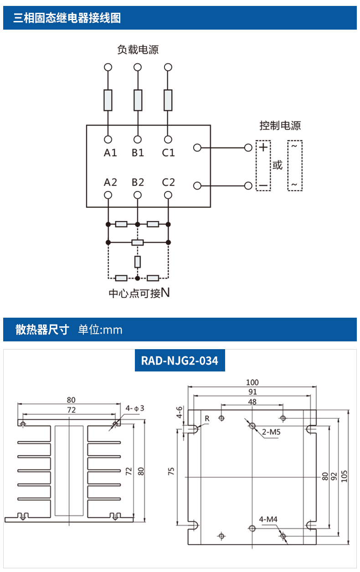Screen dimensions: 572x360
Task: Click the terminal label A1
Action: (110, 153)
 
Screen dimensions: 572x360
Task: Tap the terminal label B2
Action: (138, 182)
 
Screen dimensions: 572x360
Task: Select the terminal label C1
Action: (168, 153)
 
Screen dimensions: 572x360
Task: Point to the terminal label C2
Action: (168, 182)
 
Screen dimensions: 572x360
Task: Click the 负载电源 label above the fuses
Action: (138, 50)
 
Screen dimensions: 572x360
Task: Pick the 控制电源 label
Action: (280, 125)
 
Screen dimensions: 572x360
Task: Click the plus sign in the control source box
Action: (263, 147)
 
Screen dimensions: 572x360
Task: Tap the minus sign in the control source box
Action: (263, 186)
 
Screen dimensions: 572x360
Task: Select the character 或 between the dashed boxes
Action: (278, 165)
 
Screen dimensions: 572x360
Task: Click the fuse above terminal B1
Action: (138, 100)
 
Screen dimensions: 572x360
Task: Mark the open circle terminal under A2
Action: (108, 195)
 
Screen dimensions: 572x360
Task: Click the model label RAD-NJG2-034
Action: (180, 361)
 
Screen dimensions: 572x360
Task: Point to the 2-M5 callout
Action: (271, 432)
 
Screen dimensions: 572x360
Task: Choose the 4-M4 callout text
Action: (268, 519)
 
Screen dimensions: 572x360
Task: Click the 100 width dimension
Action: (252, 382)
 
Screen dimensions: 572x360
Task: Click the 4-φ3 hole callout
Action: (135, 408)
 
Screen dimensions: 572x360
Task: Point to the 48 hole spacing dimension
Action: (252, 402)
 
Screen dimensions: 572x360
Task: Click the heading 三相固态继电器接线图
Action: (67, 18)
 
